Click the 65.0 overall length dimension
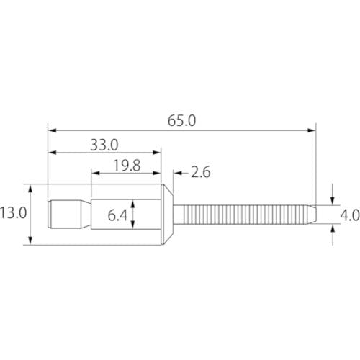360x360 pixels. click(x=181, y=121)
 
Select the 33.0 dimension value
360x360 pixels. click(x=104, y=145)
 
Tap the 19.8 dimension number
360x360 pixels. click(x=127, y=166)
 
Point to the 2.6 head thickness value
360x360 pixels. click(x=201, y=172)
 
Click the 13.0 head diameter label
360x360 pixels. click(x=13, y=213)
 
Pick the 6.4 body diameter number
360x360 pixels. click(x=117, y=215)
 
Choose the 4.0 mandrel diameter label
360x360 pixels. click(x=350, y=215)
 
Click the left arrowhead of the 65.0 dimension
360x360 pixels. click(x=52, y=130)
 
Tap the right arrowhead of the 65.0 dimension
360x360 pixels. click(x=312, y=130)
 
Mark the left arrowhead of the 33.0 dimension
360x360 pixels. click(x=52, y=153)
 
